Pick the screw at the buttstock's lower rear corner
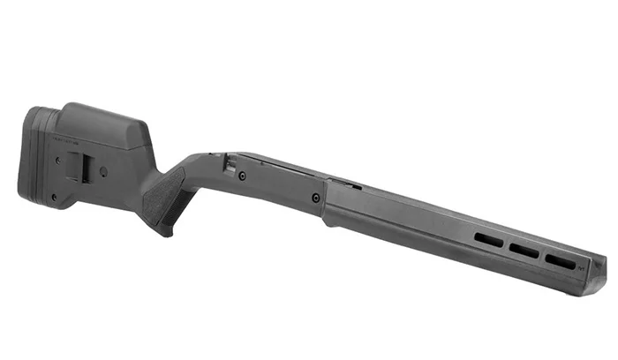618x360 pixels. coord(54,198)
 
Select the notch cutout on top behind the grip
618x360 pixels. coord(229,164)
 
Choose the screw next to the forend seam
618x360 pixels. coord(315,198)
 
